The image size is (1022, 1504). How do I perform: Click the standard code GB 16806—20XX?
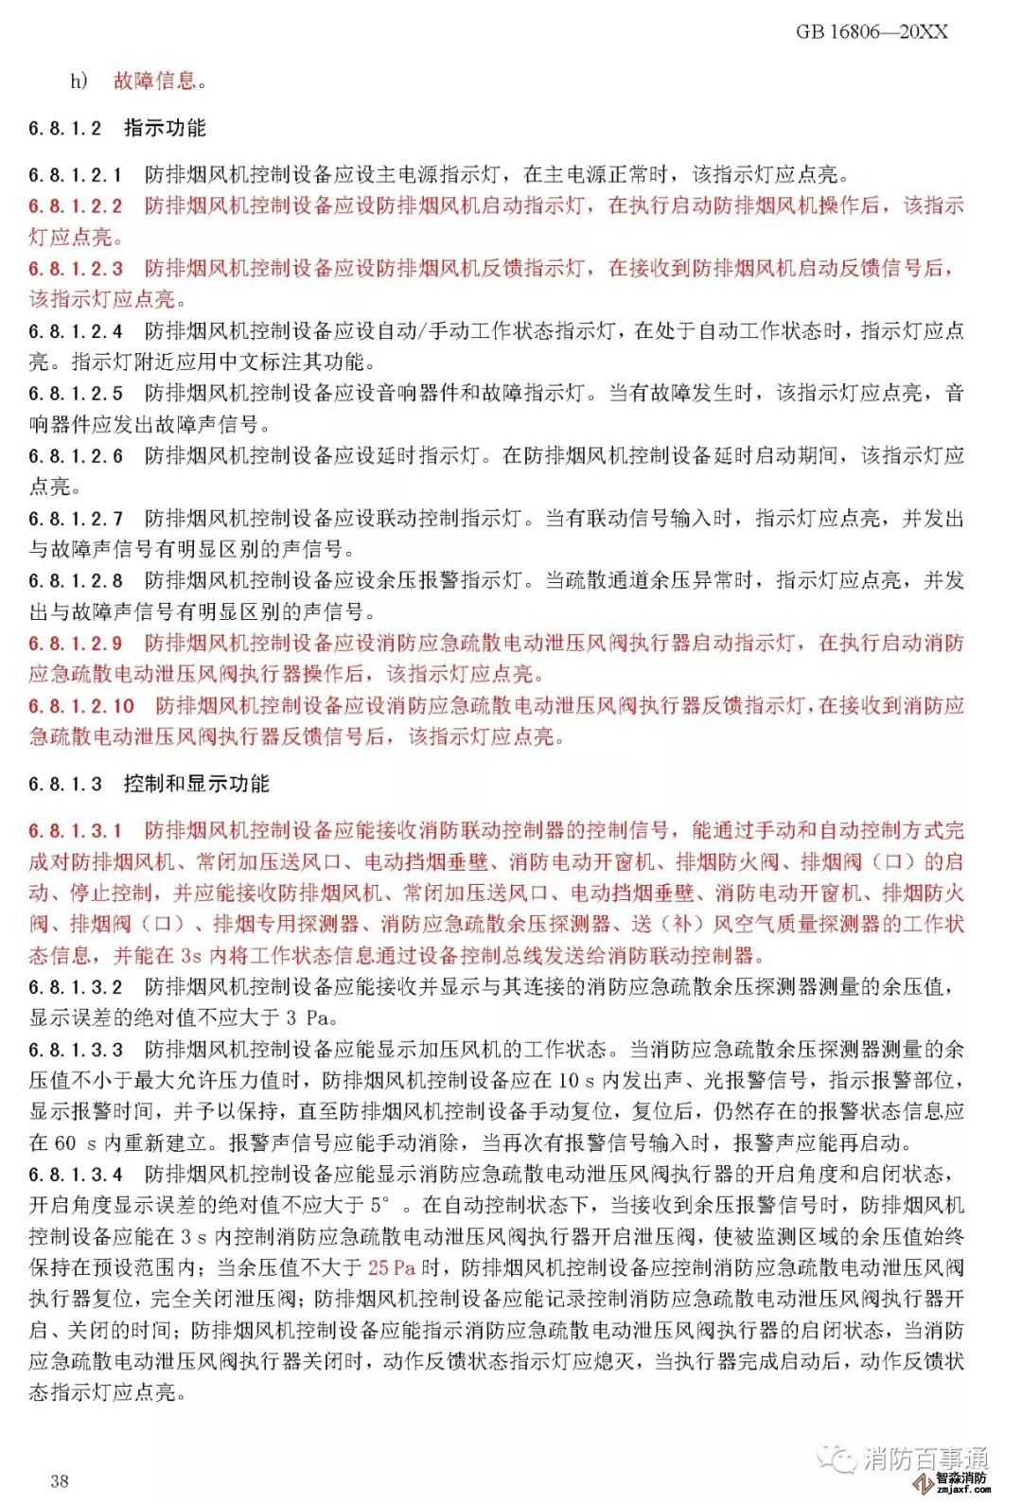871,32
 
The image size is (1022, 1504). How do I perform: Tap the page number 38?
60,1480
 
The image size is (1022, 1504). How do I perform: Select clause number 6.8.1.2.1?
76,175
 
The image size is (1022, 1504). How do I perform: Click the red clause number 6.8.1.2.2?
76,206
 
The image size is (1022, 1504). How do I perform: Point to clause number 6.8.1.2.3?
76,269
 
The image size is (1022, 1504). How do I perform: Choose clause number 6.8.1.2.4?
76,331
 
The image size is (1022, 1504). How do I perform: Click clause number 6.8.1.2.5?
76,394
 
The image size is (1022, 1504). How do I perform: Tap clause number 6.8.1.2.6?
76,456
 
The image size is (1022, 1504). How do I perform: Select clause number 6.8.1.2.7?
76,519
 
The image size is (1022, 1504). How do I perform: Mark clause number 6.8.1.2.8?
76,581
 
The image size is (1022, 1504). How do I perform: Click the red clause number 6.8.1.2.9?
76,644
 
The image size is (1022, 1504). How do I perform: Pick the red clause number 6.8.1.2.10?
81,706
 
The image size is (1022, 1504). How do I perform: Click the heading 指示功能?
165,128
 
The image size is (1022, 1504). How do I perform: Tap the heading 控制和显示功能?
196,784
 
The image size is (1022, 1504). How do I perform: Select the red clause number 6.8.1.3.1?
76,831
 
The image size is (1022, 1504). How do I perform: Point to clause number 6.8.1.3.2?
76,987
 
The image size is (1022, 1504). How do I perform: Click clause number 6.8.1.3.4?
76,1175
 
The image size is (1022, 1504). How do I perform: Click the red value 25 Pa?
392,1267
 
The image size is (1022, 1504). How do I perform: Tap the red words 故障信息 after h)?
155,81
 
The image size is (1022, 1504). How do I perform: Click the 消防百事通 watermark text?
925,1459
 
